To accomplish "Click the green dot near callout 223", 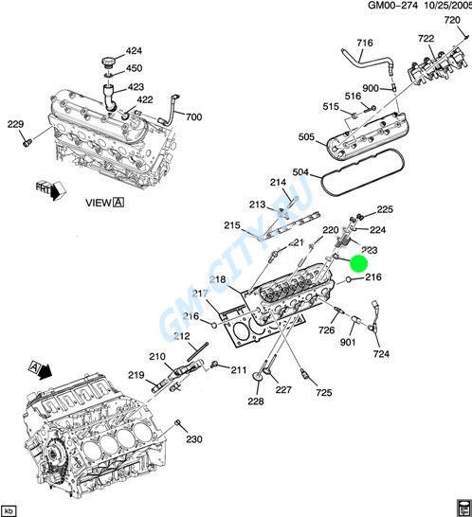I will (x=357, y=264).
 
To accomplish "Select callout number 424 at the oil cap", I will (x=134, y=50).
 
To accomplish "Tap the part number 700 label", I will (x=193, y=117).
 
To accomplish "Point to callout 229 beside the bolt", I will (x=15, y=124).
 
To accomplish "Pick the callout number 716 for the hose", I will (x=365, y=44).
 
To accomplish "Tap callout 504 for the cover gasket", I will (x=300, y=173).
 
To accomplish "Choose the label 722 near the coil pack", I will (x=427, y=38).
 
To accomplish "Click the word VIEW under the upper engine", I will (x=98, y=202).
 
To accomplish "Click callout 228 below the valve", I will (x=256, y=401).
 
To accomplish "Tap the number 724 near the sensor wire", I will (x=381, y=355).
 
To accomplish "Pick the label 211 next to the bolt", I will (x=238, y=369).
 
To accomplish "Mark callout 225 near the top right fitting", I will (x=385, y=209).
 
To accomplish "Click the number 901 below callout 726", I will (x=347, y=343).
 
